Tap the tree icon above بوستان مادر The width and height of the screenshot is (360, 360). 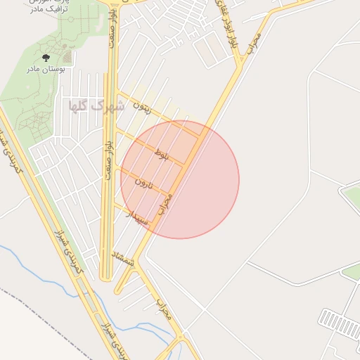[46, 58]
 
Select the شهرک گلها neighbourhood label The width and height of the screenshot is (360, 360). [96, 105]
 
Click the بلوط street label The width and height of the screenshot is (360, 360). [162, 153]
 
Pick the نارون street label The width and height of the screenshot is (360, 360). [145, 185]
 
